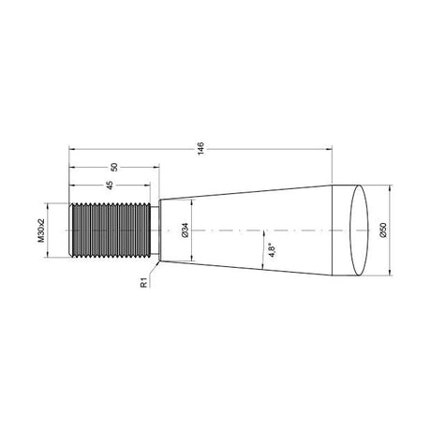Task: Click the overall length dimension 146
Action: click(x=201, y=148)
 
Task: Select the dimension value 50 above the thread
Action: click(x=114, y=167)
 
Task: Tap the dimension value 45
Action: click(x=110, y=186)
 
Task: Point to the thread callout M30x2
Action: click(x=41, y=230)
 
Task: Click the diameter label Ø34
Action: click(x=185, y=230)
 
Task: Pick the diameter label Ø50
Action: click(x=383, y=230)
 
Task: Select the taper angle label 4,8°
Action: click(x=272, y=251)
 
